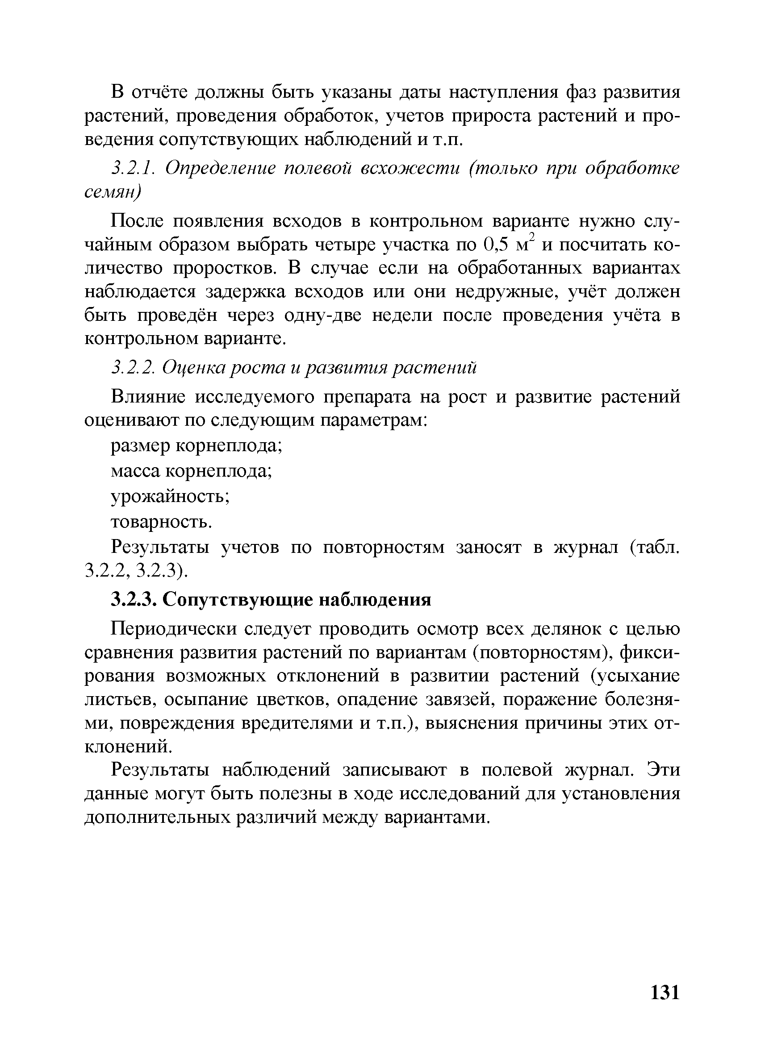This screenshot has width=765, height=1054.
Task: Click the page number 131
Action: [665, 992]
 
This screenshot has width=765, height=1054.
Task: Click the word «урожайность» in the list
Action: [169, 497]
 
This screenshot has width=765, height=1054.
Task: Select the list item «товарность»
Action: [161, 523]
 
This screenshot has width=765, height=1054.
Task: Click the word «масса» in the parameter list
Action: [136, 472]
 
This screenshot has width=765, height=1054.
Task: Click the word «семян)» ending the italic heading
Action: [112, 192]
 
